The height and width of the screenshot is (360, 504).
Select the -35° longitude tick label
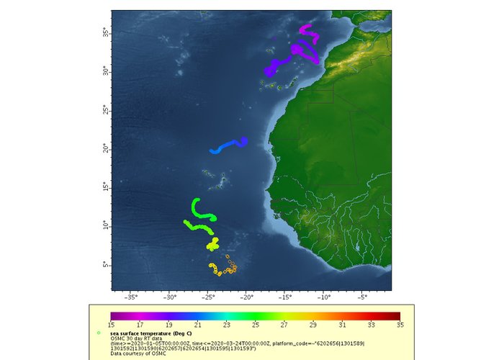132,296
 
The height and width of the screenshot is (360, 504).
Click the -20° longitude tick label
246,296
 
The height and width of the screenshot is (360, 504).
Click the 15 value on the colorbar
111,325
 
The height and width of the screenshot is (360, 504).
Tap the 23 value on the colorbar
226,325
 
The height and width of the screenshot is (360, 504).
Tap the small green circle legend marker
98,333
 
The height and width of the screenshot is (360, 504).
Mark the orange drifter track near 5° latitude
223,270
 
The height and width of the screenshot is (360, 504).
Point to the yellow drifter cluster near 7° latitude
213,246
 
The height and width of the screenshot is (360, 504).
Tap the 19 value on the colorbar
168,325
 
